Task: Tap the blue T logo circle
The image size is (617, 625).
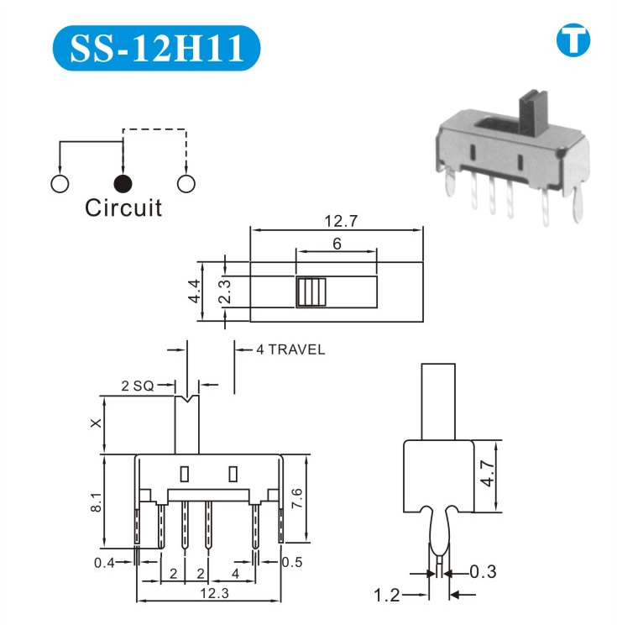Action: pyautogui.click(x=573, y=40)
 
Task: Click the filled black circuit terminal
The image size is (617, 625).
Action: pyautogui.click(x=123, y=183)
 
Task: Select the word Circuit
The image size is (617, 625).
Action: pyautogui.click(x=123, y=208)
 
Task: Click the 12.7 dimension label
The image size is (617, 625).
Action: pyautogui.click(x=337, y=223)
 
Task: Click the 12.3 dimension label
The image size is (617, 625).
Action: pyautogui.click(x=210, y=594)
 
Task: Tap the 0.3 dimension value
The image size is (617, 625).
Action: pyautogui.click(x=483, y=572)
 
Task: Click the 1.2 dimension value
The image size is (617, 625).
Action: pyautogui.click(x=387, y=596)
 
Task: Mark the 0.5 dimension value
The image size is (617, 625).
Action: pyautogui.click(x=292, y=561)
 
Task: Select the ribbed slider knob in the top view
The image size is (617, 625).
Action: pyautogui.click(x=310, y=291)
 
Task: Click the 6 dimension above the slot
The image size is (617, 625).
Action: pyautogui.click(x=337, y=244)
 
